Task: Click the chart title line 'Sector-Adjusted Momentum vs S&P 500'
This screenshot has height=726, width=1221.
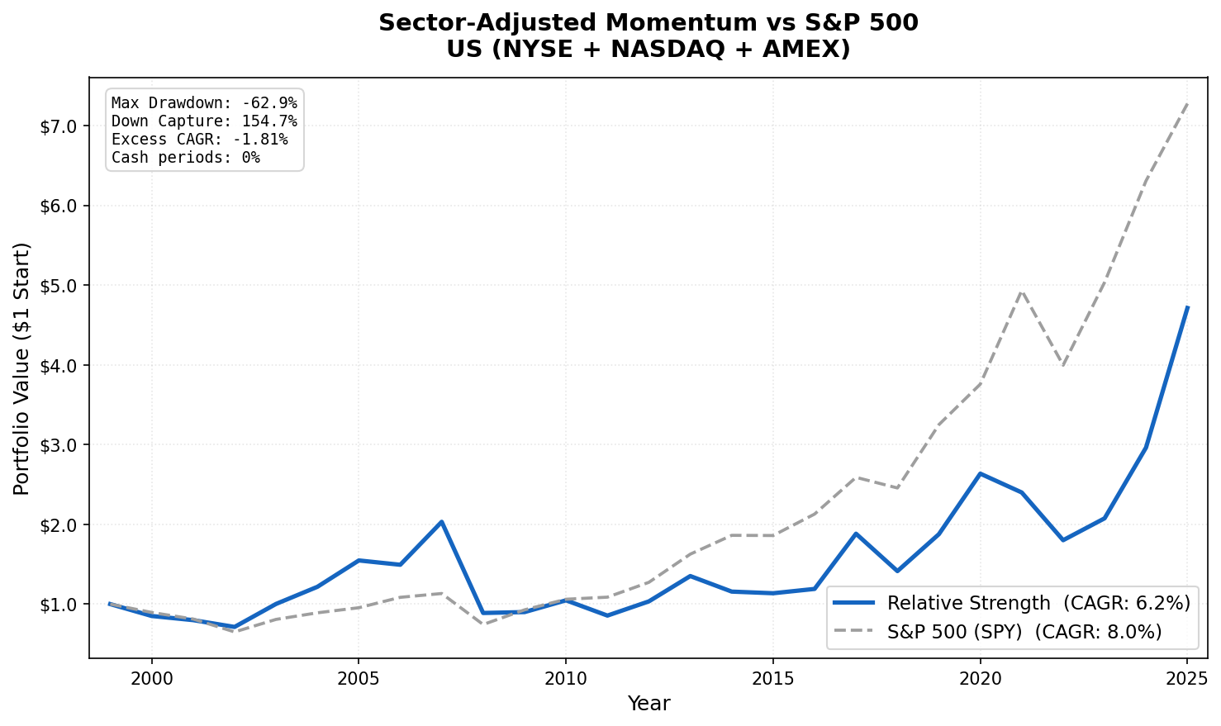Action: [x=648, y=23]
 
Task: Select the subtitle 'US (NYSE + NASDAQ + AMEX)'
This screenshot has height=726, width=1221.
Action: [x=648, y=50]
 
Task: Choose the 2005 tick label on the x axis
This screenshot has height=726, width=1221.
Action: [x=359, y=679]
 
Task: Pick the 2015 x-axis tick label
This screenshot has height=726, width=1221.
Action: [x=772, y=679]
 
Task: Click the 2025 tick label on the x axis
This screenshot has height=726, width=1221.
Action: [x=1187, y=679]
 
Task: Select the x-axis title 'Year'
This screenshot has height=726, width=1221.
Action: [x=649, y=704]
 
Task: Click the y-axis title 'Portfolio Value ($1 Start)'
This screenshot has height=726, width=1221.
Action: [x=22, y=368]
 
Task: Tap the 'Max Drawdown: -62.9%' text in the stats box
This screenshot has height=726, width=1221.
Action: [x=204, y=103]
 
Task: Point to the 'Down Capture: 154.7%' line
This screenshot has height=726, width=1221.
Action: [x=204, y=121]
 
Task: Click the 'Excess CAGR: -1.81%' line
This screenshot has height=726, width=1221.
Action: [x=199, y=140]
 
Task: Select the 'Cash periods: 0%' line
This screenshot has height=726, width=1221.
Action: [x=185, y=158]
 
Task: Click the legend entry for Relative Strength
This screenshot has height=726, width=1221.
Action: [x=1012, y=604]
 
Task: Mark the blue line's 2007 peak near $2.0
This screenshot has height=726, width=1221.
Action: [x=442, y=521]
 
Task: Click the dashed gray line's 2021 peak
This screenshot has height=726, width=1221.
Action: [x=1022, y=290]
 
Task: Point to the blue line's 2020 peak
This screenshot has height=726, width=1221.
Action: [x=980, y=473]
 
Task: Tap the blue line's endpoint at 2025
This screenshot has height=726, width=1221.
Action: [x=1187, y=307]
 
